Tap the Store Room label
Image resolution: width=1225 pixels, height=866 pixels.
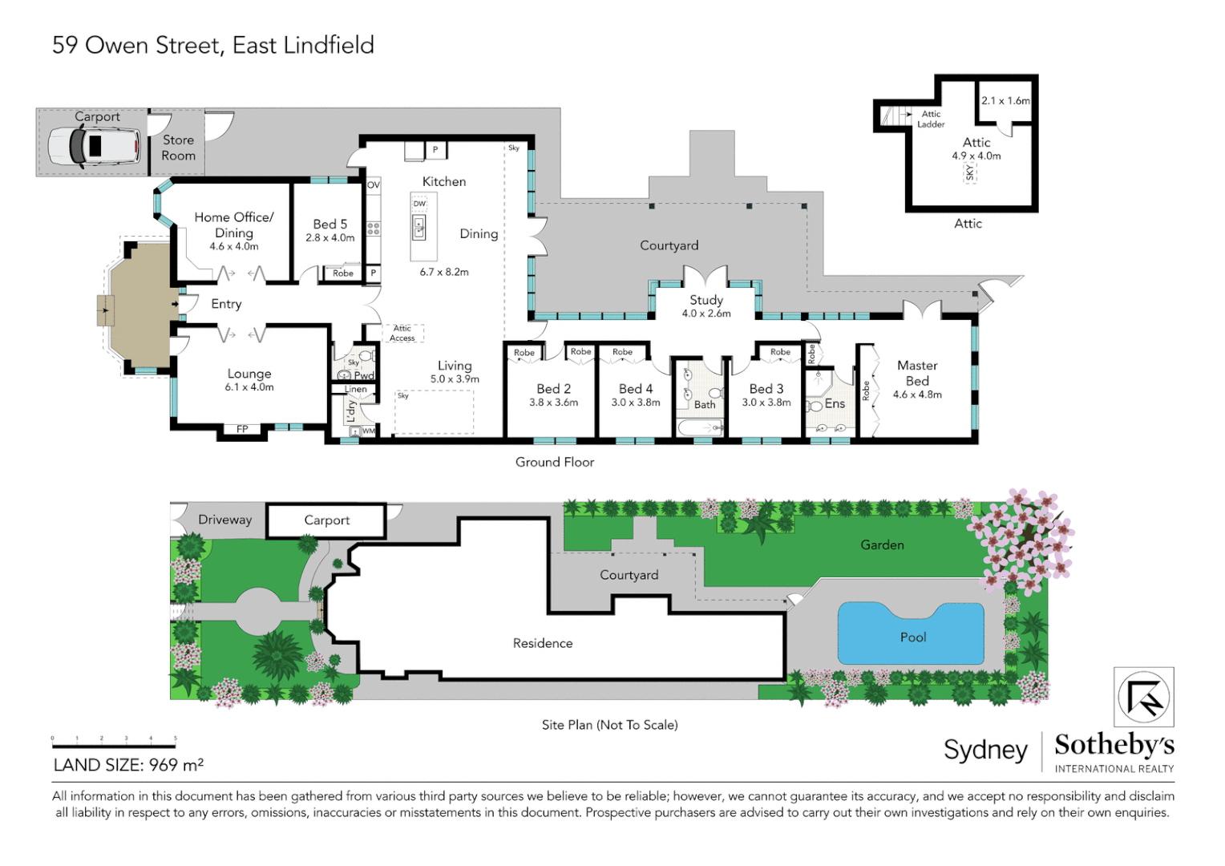(178, 148)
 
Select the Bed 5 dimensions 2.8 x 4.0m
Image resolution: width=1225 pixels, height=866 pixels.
(329, 238)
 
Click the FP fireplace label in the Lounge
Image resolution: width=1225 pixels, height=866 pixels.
(242, 430)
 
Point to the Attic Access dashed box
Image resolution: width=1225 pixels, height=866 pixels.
(402, 333)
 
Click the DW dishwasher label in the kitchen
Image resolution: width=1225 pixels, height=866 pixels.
(419, 204)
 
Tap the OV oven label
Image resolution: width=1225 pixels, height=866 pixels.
(374, 185)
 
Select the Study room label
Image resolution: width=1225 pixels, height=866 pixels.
(706, 300)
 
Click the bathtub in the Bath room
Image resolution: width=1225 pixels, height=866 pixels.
(701, 427)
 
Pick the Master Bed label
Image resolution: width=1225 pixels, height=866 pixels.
(917, 373)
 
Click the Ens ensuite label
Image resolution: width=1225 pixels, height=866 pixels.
(835, 403)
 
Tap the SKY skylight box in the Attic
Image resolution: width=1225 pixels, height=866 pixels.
(969, 173)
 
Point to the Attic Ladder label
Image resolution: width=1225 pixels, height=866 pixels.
(931, 119)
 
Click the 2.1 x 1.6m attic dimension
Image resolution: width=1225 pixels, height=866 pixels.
(1005, 101)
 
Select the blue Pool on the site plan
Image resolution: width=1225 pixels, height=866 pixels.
(911, 633)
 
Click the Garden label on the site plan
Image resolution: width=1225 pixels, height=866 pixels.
(882, 545)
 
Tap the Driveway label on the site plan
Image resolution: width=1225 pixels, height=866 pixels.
(224, 520)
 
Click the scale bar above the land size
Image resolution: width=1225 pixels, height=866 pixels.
(114, 745)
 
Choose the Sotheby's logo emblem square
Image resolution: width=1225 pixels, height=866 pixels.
(1144, 697)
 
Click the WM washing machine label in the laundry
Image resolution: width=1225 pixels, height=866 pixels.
(369, 431)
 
